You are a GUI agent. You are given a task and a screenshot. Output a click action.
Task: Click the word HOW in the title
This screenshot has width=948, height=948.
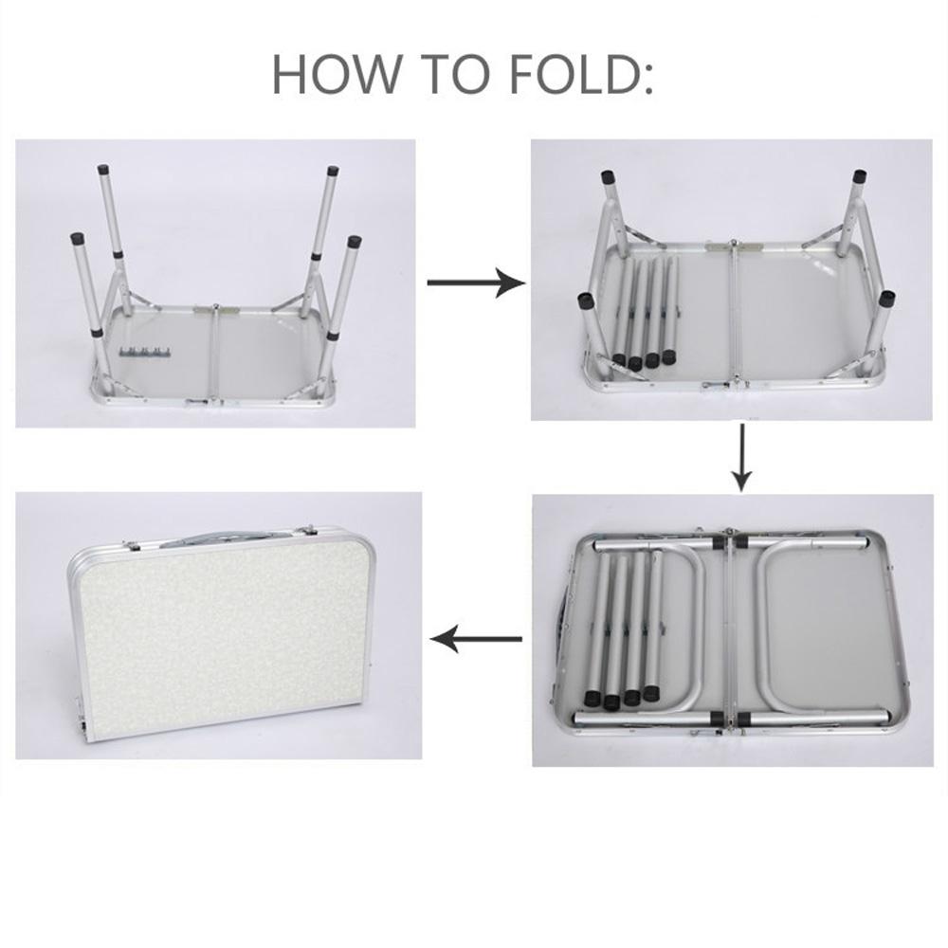coord(337,74)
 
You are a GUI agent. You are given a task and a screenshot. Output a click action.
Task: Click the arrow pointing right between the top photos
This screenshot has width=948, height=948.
coord(476,283)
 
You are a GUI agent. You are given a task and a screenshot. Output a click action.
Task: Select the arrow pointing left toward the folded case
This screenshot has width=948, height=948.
coord(476,638)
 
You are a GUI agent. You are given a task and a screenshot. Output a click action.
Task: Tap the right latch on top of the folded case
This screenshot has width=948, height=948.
coord(307,531)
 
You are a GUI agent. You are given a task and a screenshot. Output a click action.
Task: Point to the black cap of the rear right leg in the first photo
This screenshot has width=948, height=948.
coord(331,170)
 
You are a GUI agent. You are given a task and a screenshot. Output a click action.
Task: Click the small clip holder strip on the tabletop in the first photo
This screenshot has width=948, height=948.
coord(143,353)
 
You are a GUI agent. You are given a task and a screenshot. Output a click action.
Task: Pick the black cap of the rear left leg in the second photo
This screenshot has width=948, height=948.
coord(609,178)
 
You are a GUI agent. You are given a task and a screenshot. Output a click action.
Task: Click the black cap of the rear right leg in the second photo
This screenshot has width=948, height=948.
coord(859,177)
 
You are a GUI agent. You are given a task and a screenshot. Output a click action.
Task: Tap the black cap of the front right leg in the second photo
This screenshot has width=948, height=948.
coord(887,298)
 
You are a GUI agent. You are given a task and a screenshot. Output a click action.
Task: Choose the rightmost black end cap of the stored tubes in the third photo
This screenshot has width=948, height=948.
coord(650,693)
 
